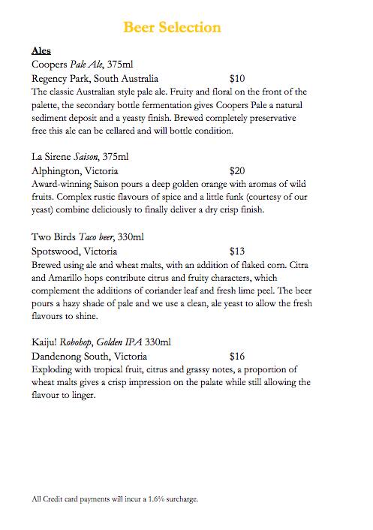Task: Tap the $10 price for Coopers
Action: [x=237, y=77]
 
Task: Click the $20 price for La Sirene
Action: [x=237, y=170]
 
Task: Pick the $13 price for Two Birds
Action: [x=237, y=250]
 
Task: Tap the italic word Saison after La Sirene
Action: [x=87, y=157]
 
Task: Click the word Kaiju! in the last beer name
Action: [x=47, y=343]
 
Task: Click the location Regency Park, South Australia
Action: [x=95, y=77]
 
